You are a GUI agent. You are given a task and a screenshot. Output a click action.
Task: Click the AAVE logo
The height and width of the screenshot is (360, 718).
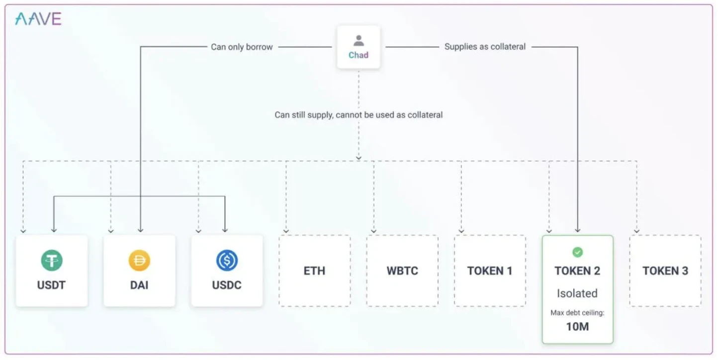[38, 19]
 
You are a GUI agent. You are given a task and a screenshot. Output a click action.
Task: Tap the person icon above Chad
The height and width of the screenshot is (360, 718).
[359, 41]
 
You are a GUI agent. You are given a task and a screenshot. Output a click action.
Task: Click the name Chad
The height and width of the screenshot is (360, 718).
[359, 55]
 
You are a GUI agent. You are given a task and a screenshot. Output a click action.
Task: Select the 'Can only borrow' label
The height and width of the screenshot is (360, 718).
[242, 47]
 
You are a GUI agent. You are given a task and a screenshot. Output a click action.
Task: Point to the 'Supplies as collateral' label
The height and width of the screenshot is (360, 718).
[485, 47]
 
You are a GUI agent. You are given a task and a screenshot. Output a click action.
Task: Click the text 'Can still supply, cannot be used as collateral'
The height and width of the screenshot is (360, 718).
[359, 115]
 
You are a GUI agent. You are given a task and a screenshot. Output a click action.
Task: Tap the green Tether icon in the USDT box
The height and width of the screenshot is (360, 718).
[52, 261]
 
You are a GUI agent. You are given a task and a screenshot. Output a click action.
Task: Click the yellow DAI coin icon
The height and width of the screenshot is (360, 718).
[139, 261]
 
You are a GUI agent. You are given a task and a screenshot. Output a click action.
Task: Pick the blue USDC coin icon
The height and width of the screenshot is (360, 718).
[227, 261]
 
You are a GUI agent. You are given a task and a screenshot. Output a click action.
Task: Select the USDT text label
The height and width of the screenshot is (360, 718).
[52, 285]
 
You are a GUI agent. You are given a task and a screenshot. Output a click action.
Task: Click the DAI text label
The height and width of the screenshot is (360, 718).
[139, 285]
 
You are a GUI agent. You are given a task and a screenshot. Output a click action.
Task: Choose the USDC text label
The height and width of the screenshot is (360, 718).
[227, 285]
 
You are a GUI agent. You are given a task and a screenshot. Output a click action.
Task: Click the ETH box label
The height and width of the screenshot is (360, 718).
[314, 271]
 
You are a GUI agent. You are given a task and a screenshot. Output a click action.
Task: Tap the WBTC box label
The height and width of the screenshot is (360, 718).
[402, 271]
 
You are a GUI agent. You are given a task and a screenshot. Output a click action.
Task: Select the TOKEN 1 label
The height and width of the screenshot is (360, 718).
[490, 271]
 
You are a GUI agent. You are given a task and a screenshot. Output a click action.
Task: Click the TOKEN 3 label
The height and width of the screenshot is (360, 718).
[665, 271]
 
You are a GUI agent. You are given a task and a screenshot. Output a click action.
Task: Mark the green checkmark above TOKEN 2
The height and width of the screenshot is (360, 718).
[577, 253]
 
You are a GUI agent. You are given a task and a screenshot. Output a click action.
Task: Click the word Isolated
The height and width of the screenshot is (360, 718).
[577, 293]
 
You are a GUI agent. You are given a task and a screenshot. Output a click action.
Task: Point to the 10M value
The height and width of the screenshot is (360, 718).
[577, 327]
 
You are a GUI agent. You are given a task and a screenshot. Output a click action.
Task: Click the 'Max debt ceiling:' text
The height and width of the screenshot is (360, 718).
[577, 313]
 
